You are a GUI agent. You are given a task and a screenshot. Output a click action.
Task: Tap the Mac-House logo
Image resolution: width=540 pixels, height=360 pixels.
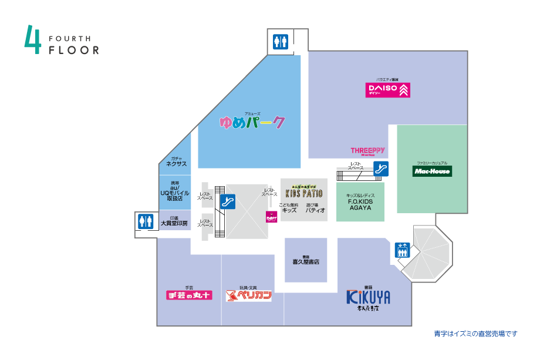(432, 171)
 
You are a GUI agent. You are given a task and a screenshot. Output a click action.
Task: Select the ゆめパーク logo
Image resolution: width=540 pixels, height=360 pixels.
(252, 122)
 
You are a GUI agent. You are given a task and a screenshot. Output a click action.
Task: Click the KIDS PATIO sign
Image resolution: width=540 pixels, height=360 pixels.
(304, 192)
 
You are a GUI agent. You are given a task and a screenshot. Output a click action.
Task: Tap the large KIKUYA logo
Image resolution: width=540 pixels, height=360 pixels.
(368, 298)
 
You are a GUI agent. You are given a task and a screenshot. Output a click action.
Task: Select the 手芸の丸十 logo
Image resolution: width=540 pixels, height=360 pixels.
(188, 295)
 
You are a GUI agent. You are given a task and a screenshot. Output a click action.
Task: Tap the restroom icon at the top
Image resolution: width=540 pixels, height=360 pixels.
(281, 42)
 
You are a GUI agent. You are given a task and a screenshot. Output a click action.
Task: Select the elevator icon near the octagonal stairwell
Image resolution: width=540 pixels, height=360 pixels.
(401, 249)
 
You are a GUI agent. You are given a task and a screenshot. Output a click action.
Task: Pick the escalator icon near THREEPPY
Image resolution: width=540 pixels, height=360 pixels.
(382, 169)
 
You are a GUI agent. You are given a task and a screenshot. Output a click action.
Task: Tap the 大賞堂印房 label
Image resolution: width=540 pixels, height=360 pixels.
(174, 224)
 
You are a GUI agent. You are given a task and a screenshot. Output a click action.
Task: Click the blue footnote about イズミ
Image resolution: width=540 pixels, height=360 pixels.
(475, 334)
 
